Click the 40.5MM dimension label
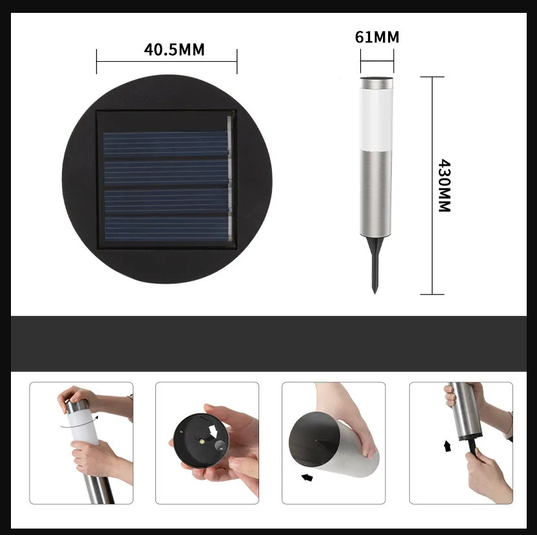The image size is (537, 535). [x=174, y=50]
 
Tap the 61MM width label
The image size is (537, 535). [x=376, y=37]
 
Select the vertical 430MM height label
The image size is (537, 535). [x=445, y=185]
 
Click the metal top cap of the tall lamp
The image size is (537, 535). [x=376, y=83]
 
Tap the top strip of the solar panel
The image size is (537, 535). [x=166, y=144]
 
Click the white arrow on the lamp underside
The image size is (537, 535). [x=214, y=431]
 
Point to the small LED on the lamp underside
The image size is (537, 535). [x=202, y=441]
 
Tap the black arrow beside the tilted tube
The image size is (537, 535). [x=307, y=477]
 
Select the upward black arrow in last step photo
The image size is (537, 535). [x=447, y=446]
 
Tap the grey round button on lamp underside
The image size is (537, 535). [x=219, y=445]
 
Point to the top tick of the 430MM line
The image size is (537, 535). [x=432, y=77]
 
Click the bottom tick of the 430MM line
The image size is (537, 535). [x=432, y=294]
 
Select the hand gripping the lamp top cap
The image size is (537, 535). [x=75, y=397]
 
